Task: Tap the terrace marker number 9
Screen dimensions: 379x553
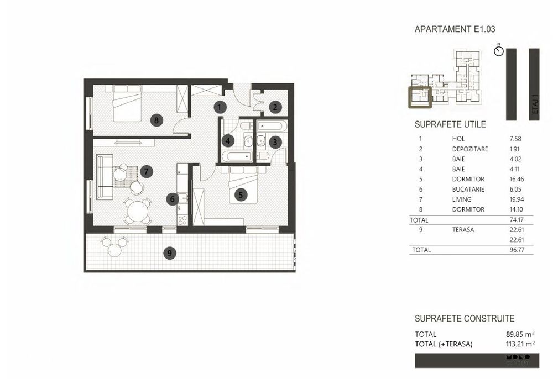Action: click(x=171, y=254)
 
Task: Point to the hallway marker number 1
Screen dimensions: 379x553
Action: click(x=220, y=107)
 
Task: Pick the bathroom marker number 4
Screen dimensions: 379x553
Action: click(x=228, y=141)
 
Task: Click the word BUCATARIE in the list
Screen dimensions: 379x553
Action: click(x=468, y=189)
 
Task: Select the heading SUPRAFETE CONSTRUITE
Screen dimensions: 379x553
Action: click(x=465, y=319)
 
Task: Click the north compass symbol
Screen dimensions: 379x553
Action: click(x=499, y=51)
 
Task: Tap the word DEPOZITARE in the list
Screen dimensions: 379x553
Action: click(x=469, y=149)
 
